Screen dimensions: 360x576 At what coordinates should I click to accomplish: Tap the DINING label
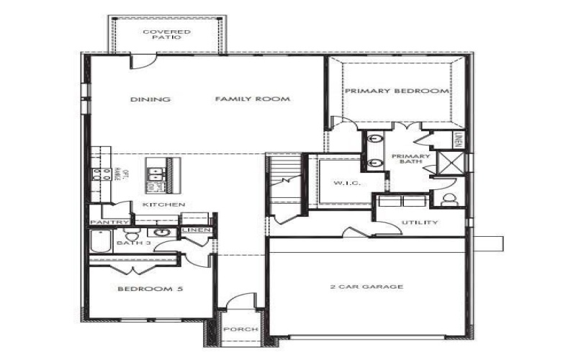click(x=150, y=99)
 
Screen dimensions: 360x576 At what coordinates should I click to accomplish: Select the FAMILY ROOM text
click(x=252, y=99)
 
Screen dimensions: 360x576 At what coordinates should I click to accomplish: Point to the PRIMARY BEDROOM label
click(x=396, y=91)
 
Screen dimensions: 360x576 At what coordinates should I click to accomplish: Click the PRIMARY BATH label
click(x=410, y=159)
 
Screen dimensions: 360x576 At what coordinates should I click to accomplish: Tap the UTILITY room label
click(x=419, y=222)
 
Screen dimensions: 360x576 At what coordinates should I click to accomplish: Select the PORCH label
click(x=240, y=329)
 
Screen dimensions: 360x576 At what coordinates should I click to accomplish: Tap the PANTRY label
click(x=110, y=222)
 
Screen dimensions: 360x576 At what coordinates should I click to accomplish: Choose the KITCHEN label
click(x=163, y=205)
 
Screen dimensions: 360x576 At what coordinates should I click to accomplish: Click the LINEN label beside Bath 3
click(x=197, y=230)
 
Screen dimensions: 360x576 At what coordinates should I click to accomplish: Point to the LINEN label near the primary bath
click(x=458, y=138)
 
